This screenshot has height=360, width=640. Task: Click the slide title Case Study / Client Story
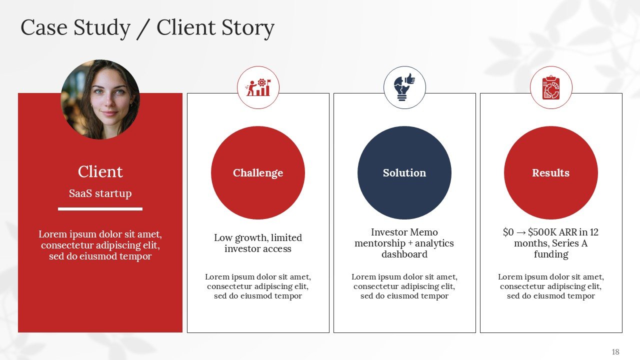point(147,28)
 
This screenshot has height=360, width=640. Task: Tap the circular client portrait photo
point(100,99)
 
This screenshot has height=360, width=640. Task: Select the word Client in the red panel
point(100,172)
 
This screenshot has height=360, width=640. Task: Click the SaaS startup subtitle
point(100,193)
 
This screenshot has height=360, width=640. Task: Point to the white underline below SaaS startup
point(100,209)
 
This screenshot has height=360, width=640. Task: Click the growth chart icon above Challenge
point(258,87)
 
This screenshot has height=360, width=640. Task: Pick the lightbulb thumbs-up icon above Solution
point(404,87)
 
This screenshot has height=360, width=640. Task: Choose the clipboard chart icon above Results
point(550,87)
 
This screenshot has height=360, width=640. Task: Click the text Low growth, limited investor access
point(258,243)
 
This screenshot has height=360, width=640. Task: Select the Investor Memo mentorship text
point(404,238)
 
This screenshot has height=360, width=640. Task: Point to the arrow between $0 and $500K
point(521,232)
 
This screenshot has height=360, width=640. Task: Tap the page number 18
point(615,352)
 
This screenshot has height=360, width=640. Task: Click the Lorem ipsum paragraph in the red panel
point(100,245)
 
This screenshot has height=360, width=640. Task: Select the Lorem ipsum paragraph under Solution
point(404,286)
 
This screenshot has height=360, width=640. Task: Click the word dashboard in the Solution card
point(404,254)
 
